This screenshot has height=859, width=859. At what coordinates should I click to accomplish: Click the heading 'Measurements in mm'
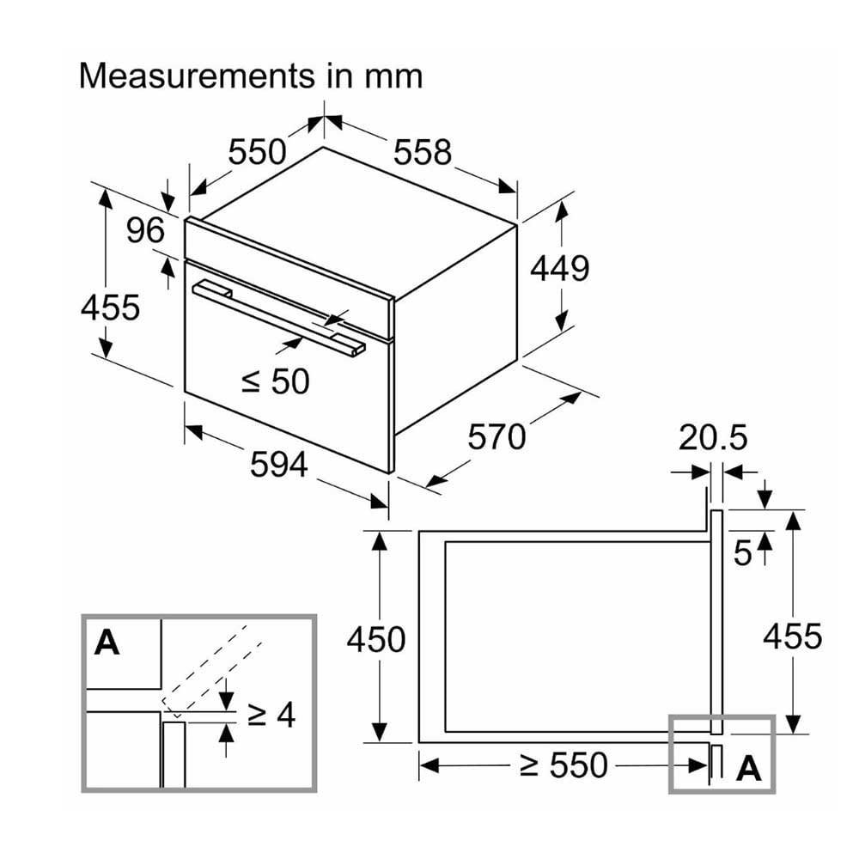[251, 76]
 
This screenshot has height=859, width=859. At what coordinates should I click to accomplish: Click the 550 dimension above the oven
[257, 152]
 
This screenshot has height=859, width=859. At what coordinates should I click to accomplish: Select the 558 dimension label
[423, 152]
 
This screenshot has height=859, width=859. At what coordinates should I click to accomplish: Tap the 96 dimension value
[145, 230]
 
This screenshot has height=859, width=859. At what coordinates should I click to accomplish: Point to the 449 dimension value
[559, 268]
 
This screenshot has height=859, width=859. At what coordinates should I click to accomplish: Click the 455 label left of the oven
[110, 307]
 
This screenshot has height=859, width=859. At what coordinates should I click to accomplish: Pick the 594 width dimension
[279, 465]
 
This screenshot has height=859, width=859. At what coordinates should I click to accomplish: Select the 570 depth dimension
[497, 436]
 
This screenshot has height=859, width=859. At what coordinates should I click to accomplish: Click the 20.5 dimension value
[713, 437]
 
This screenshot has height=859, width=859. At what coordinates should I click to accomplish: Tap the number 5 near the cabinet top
[742, 552]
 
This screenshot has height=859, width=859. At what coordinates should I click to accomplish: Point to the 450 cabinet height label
[376, 639]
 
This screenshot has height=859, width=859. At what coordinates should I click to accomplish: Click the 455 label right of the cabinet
[793, 636]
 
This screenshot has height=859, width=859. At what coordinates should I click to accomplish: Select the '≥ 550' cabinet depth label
[564, 765]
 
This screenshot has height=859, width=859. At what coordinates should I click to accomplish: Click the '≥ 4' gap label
[271, 714]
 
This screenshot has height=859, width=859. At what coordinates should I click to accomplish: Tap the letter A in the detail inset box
[107, 642]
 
